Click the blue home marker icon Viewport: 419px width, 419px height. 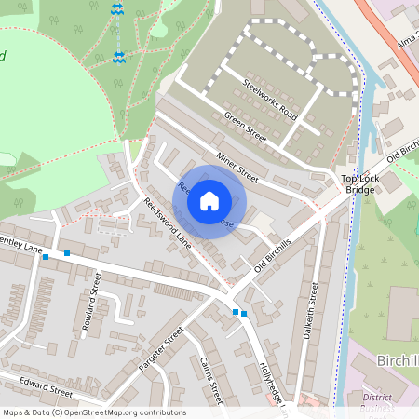click(209, 201)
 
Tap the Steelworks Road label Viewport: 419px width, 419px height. click(269, 98)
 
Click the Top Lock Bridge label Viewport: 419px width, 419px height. click(358, 183)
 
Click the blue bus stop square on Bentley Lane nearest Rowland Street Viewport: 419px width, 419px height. click(67, 252)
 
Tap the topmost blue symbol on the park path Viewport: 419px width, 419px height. click(116, 8)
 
